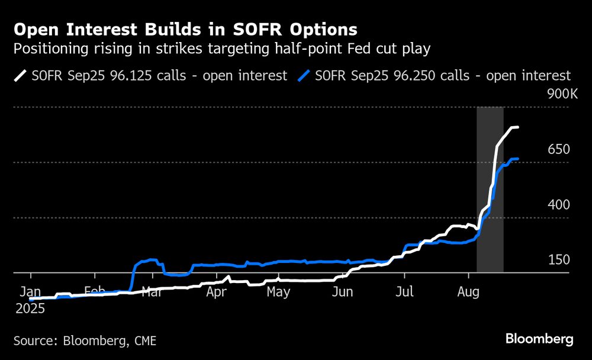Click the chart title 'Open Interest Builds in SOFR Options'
(185, 29)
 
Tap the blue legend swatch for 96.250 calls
(305, 76)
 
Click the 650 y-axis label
(559, 149)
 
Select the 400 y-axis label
(559, 205)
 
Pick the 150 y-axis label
(559, 260)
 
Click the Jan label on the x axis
(30, 292)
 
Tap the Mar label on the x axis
(153, 292)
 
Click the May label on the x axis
(278, 292)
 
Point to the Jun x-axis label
(343, 292)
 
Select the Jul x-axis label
(404, 292)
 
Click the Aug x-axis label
(468, 292)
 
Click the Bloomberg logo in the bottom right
(539, 339)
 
